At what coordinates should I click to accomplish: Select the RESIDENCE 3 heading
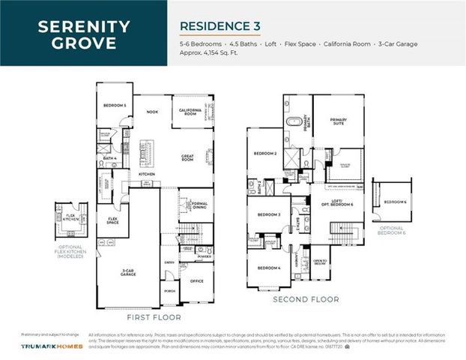coord(220,25)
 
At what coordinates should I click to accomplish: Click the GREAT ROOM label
coord(187,157)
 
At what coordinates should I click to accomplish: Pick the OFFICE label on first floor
coord(197,281)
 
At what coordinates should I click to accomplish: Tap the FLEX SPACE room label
coord(112,221)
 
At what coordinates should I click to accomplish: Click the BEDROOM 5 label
coord(114,106)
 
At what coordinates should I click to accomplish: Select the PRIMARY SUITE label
coord(335,128)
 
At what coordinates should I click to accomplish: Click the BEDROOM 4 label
coord(268,268)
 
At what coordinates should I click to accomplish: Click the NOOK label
coord(152,112)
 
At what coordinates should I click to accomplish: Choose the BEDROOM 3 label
coord(268,215)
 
